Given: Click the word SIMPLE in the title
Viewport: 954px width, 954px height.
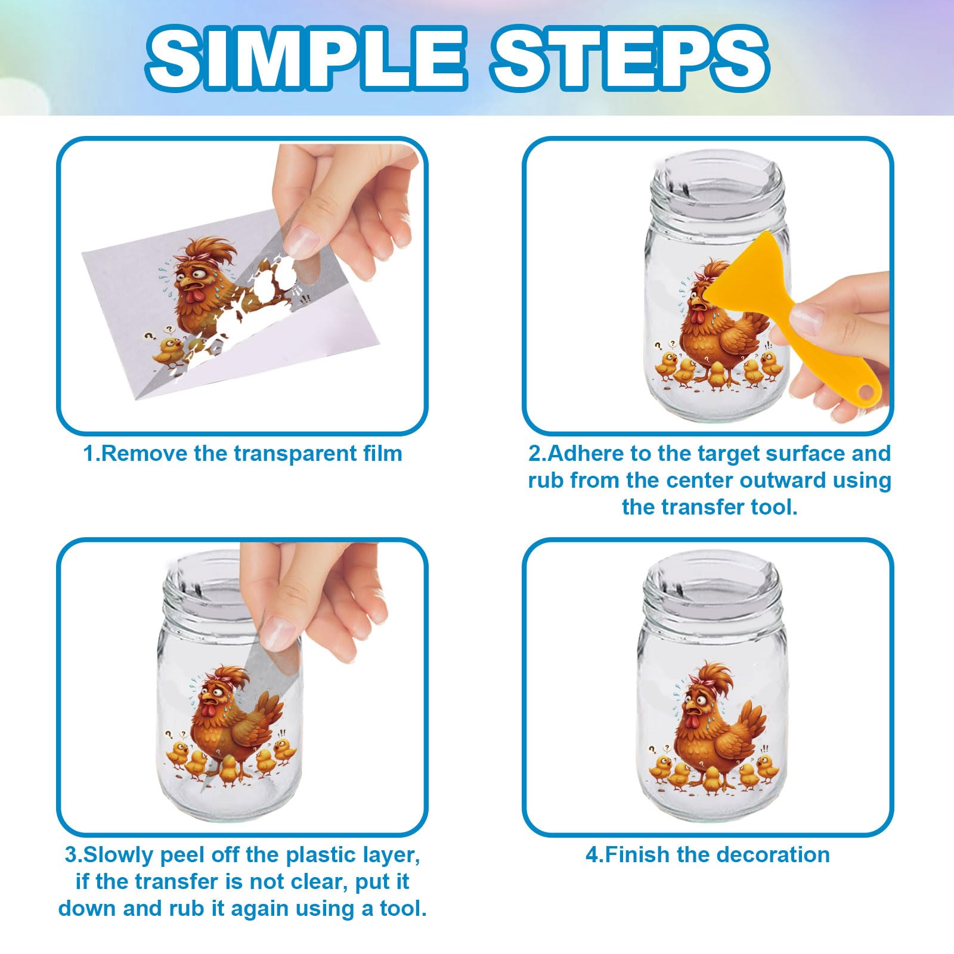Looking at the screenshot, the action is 305,58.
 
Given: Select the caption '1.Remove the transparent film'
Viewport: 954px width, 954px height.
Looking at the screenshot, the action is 243,454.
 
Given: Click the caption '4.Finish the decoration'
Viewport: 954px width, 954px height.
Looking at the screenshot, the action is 708,854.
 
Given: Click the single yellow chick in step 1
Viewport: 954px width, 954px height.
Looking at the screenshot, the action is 169,351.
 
